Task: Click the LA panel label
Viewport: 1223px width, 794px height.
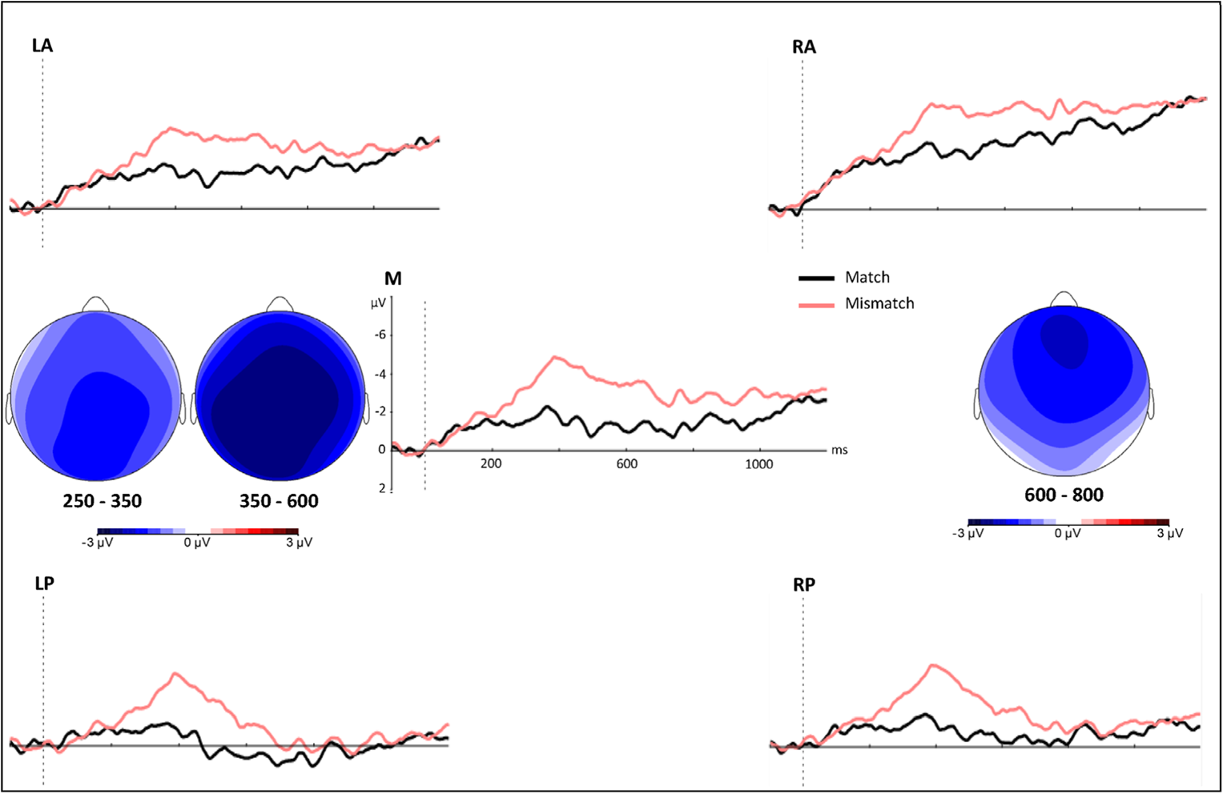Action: (x=42, y=46)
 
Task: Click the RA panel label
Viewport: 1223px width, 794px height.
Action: (x=804, y=47)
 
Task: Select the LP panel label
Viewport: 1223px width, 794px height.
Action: (x=44, y=583)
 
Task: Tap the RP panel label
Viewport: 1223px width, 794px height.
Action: (x=804, y=585)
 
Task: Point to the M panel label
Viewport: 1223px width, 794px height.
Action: (x=392, y=279)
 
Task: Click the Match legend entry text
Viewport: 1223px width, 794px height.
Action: (x=867, y=278)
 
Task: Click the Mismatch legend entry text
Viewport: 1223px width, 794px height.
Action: (x=879, y=304)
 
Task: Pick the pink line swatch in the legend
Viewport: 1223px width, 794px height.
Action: (x=816, y=305)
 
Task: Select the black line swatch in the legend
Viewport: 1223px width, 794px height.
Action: (x=816, y=279)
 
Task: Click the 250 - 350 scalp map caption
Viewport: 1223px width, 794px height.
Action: (x=103, y=502)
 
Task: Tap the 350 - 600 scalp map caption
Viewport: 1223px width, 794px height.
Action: (x=279, y=502)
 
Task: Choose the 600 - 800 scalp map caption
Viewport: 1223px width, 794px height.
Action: (x=1064, y=495)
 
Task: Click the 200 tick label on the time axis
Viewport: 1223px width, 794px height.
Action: (x=491, y=464)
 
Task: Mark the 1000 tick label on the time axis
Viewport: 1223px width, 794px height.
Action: (x=759, y=464)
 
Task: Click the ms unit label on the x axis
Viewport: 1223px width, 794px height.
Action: (x=839, y=451)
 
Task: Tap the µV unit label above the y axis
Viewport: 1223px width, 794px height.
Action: (x=378, y=303)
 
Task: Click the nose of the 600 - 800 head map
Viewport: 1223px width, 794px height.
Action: (x=1064, y=299)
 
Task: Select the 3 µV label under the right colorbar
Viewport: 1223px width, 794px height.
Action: (x=1169, y=534)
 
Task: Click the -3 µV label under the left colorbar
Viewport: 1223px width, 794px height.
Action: (x=98, y=543)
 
